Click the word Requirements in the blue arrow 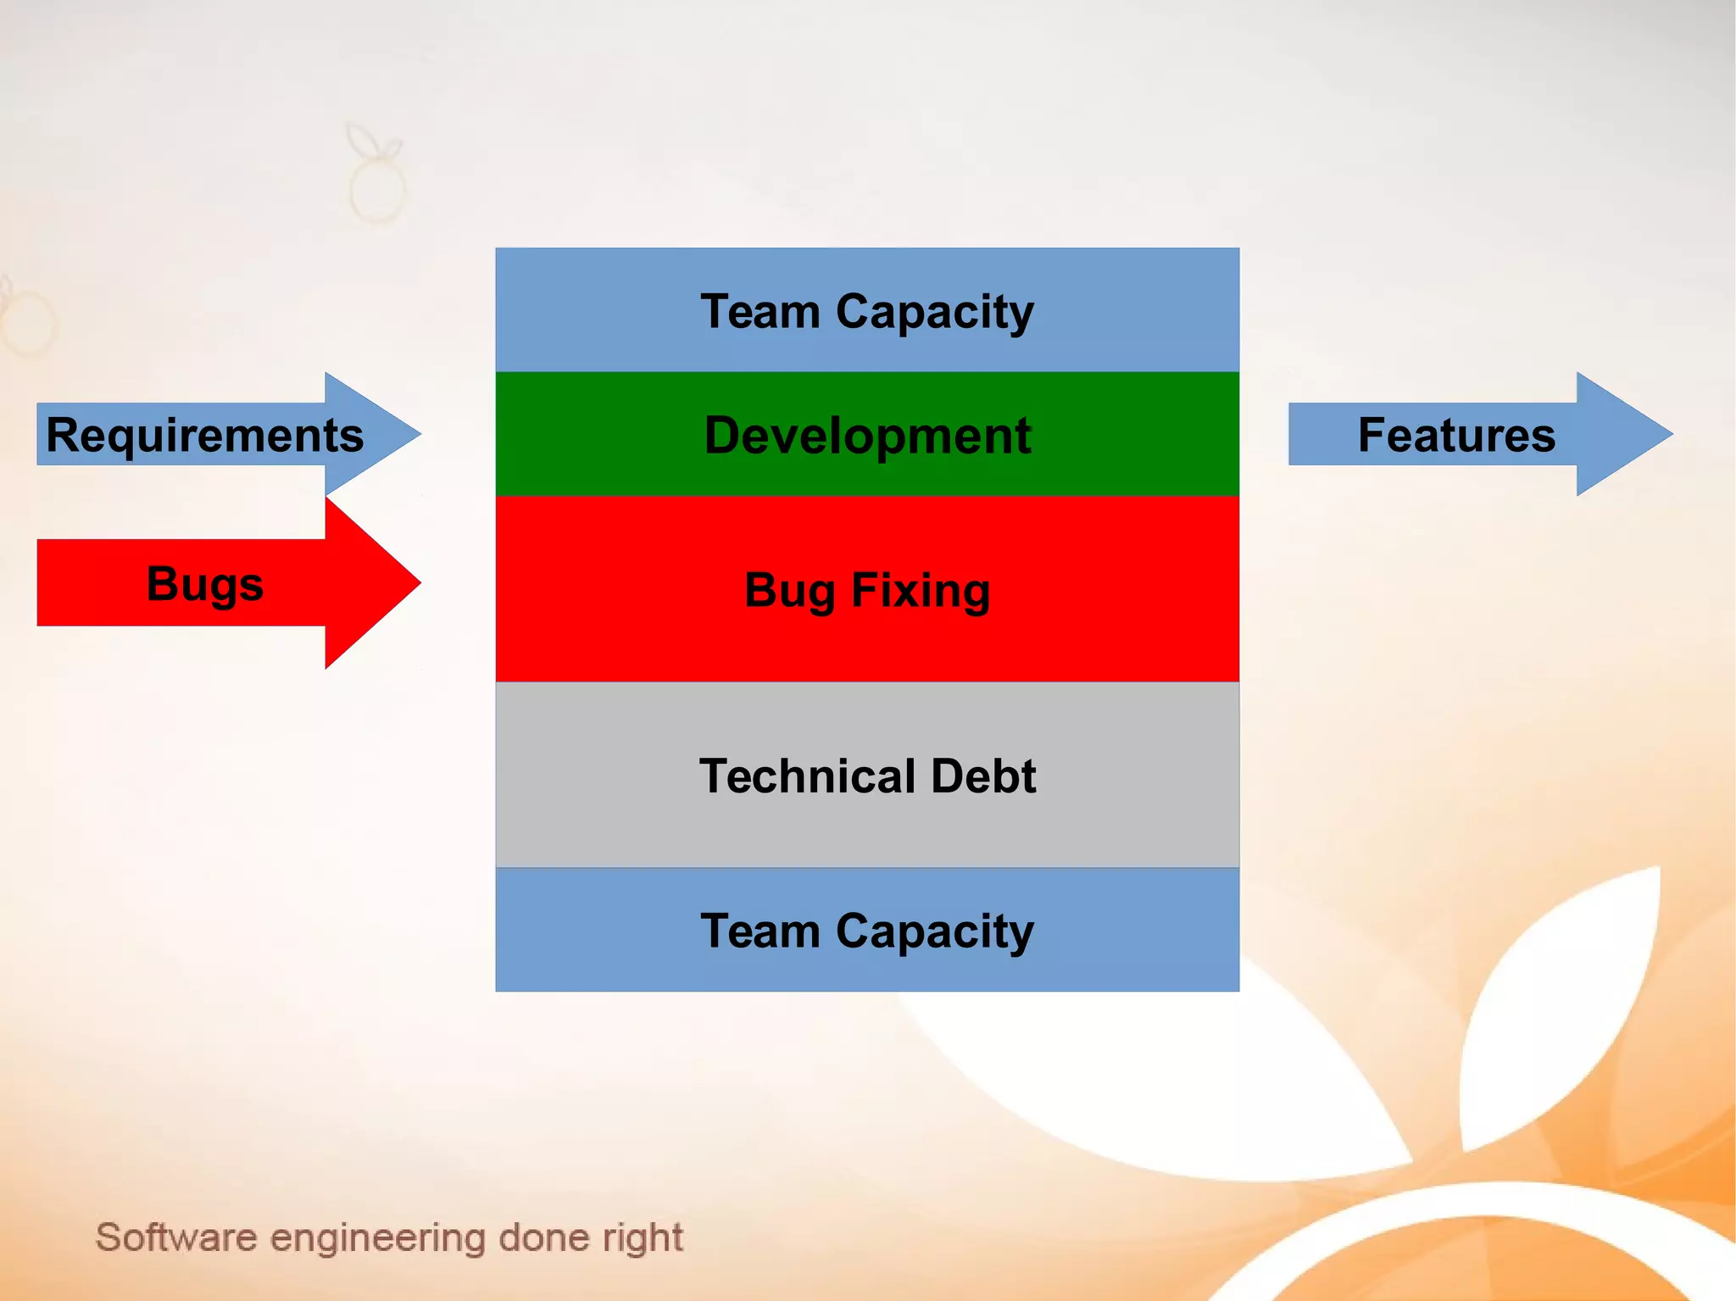click(204, 436)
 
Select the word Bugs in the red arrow click(204, 584)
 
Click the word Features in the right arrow click(1456, 435)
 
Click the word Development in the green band click(867, 436)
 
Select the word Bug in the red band click(789, 591)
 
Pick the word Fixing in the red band click(921, 591)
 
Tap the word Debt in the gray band click(983, 776)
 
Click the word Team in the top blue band click(760, 312)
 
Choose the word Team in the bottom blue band click(760, 931)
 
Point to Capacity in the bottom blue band click(935, 932)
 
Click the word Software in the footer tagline click(175, 1237)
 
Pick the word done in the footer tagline click(543, 1237)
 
